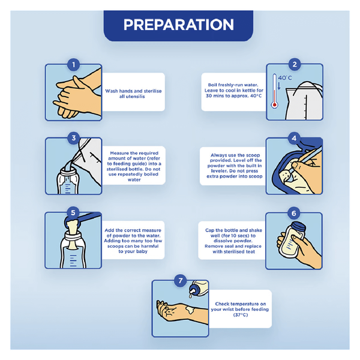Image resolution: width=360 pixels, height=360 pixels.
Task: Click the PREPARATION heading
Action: pos(178,25)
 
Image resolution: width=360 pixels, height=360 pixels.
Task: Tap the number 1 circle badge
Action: pos(73,65)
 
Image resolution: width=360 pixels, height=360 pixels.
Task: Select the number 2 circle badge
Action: pos(295,64)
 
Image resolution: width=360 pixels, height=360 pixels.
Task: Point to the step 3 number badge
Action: pos(73,138)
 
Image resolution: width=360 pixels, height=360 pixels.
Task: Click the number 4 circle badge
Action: pos(294,138)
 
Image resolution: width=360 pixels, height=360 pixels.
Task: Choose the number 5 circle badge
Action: pos(73,212)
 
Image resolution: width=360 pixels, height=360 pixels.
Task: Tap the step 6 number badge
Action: pos(293,213)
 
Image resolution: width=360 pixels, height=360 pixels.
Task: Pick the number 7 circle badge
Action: pos(180,281)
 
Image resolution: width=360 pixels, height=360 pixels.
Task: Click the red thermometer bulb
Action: pos(274,105)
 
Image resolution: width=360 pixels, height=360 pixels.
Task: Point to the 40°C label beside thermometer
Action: pos(285,78)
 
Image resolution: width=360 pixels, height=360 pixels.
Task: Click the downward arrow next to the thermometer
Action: pos(279,86)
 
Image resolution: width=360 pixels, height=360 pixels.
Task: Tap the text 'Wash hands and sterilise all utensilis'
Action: pos(133,94)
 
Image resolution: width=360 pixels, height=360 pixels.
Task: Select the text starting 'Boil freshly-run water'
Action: pos(234,90)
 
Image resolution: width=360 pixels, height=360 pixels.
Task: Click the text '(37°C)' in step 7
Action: pos(241,315)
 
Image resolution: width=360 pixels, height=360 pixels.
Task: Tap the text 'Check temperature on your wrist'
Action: pos(239,307)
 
